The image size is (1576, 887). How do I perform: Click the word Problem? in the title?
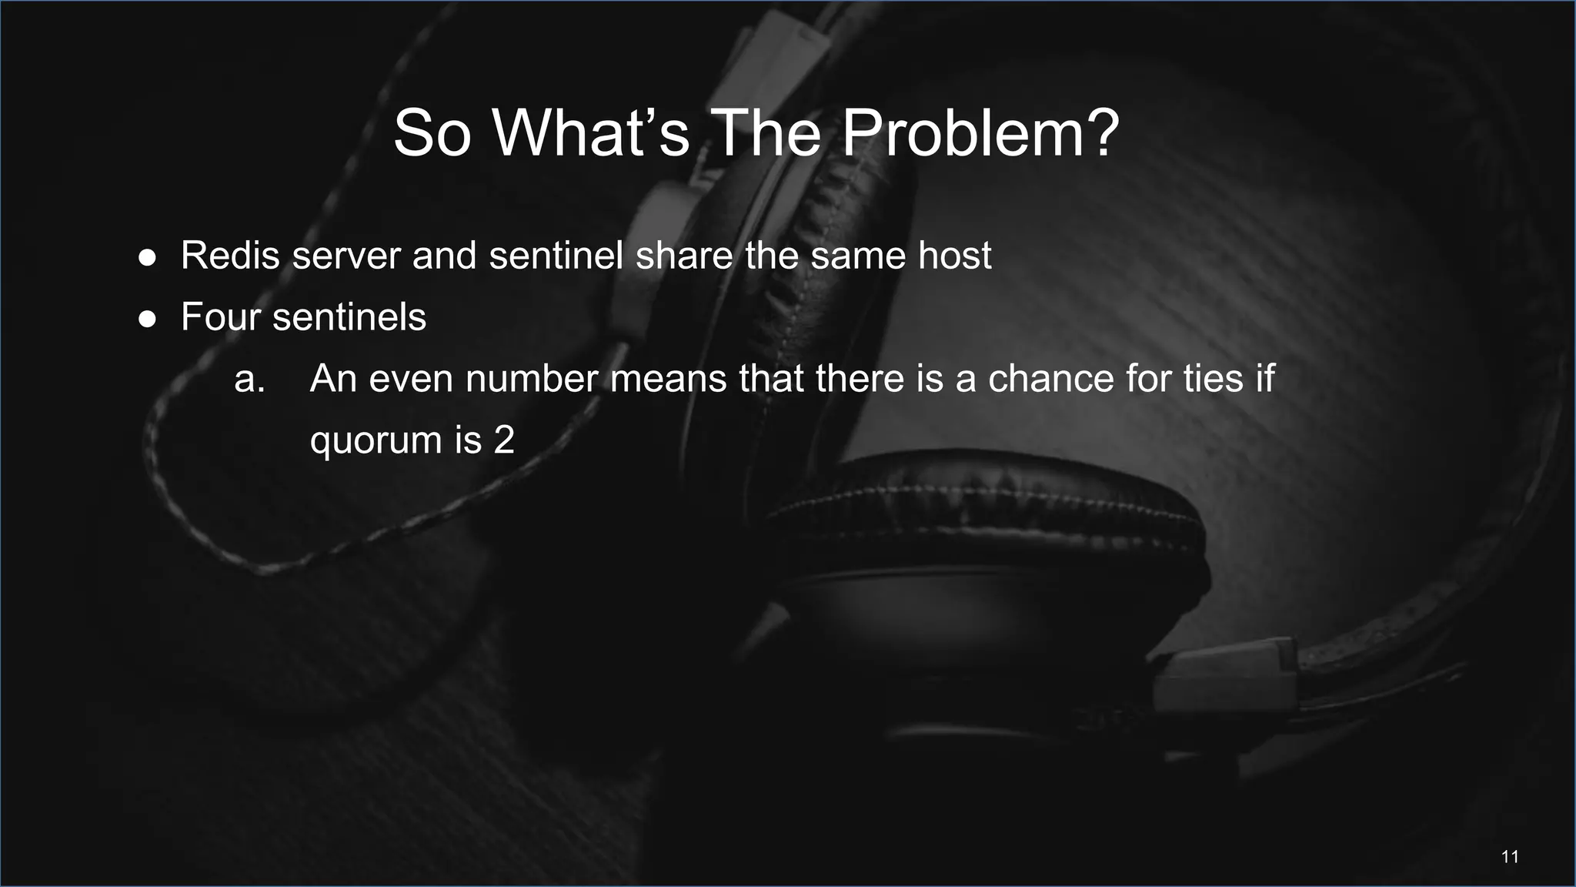pos(980,133)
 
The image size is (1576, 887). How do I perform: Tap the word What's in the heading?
pos(591,133)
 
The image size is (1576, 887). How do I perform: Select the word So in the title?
pos(431,133)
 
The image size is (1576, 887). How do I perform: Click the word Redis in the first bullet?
pos(230,256)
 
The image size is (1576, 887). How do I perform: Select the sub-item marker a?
pos(249,379)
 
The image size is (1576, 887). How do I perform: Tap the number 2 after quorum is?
pos(504,440)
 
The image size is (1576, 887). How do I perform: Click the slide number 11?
pos(1510,857)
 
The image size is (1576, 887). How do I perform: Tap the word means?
pos(668,379)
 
